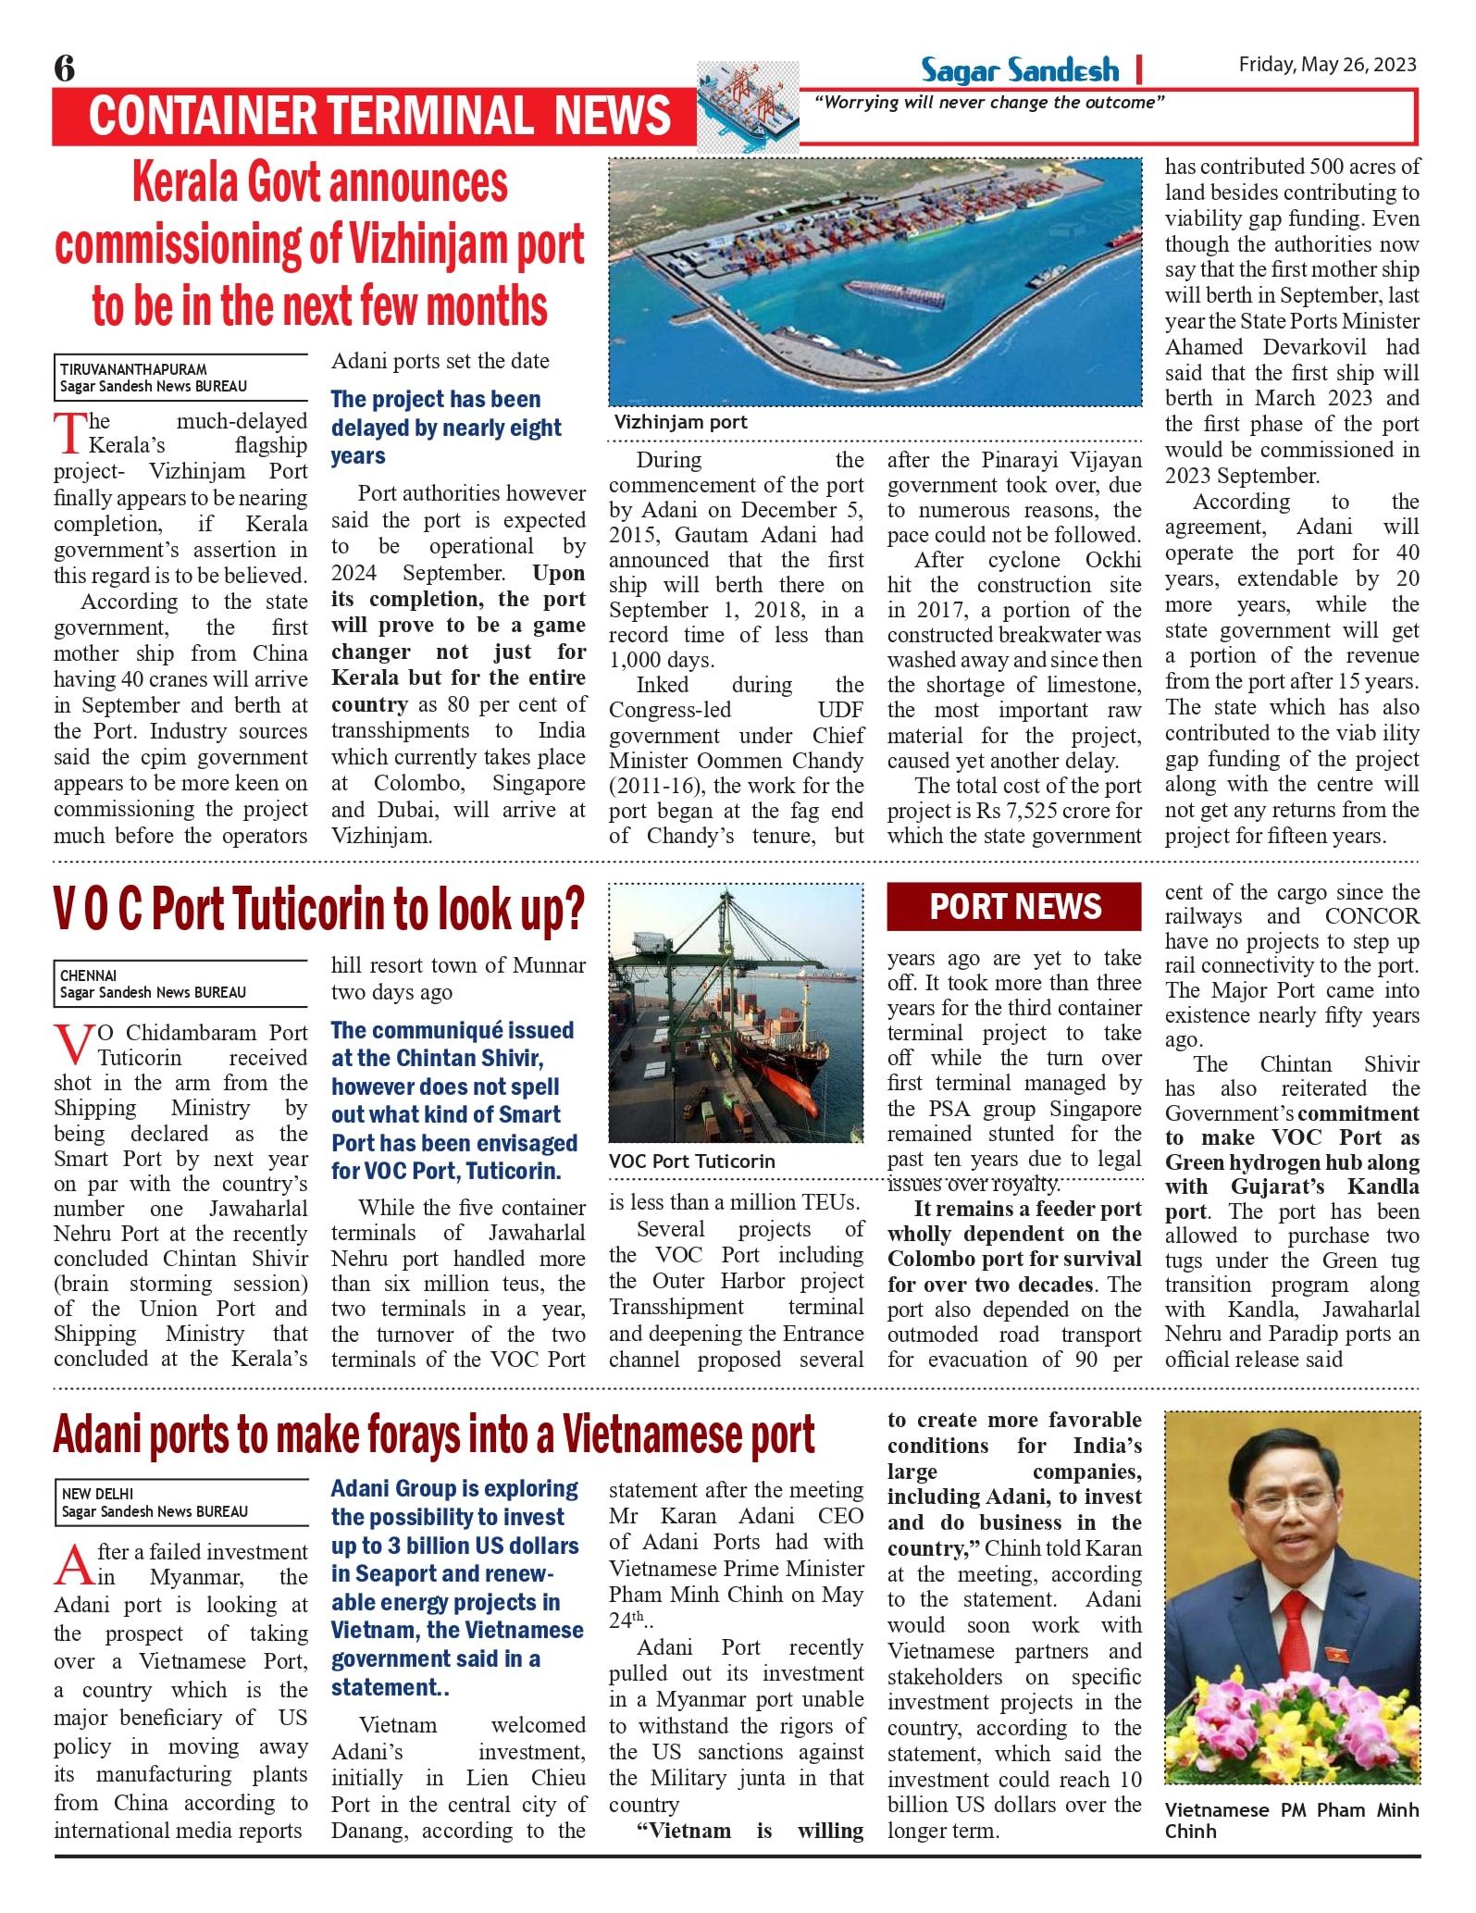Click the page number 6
[65, 68]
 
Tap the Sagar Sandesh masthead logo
[1019, 70]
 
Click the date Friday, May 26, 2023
[1327, 65]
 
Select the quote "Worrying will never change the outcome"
[988, 103]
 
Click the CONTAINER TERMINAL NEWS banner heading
[379, 117]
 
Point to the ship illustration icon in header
[747, 106]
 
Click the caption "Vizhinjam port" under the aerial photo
[680, 422]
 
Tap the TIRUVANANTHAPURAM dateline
[134, 369]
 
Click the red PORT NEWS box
[1014, 906]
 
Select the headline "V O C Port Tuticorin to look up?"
[319, 910]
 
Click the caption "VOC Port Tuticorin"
[691, 1161]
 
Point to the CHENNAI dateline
[89, 975]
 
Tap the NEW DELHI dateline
[97, 1494]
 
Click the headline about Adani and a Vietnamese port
[434, 1435]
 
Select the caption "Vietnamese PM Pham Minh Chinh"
[1290, 1820]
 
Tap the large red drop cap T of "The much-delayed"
[70, 433]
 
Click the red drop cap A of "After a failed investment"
[74, 1564]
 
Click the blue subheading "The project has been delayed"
[445, 427]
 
